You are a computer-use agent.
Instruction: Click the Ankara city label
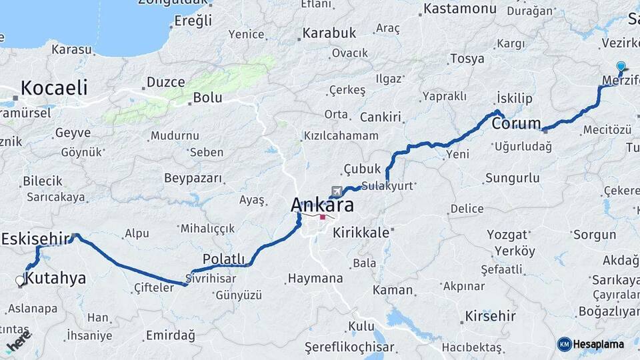322,205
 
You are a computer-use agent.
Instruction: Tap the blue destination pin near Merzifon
621,67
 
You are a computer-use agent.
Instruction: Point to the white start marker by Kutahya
20,281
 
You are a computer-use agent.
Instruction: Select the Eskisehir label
35,238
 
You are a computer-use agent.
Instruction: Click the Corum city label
516,123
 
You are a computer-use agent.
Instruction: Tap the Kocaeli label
54,87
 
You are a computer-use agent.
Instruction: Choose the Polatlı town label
224,259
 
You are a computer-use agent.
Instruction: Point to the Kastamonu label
457,9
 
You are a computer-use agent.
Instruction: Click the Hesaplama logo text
598,344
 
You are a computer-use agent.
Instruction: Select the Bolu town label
207,97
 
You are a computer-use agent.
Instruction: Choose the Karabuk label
329,32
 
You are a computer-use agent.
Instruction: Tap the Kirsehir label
491,315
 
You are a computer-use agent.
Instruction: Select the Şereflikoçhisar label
349,347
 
